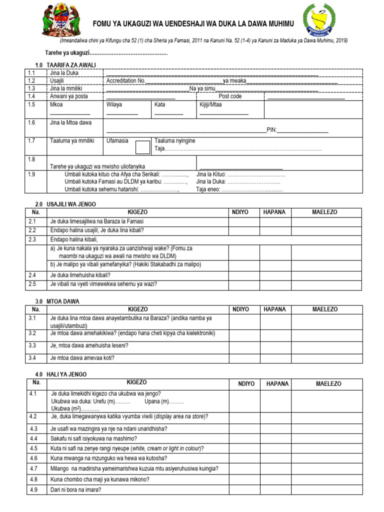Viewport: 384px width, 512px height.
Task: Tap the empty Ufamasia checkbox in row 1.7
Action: pyautogui.click(x=143, y=147)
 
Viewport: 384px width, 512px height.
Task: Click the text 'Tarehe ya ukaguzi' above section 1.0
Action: pyautogui.click(x=67, y=53)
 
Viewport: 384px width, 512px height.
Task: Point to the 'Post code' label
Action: pyautogui.click(x=230, y=96)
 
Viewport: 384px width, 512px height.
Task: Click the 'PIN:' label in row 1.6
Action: pyautogui.click(x=271, y=130)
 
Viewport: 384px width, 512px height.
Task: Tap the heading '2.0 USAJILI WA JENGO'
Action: pyautogui.click(x=65, y=204)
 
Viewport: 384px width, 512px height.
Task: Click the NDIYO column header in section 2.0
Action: pyautogui.click(x=243, y=212)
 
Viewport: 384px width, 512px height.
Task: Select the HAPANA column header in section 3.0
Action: pyautogui.click(x=274, y=309)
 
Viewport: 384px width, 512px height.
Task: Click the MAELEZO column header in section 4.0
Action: pyautogui.click(x=328, y=383)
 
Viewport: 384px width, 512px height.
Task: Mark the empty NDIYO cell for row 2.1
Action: pyautogui.click(x=243, y=221)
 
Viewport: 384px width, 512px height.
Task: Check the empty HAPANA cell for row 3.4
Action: pyautogui.click(x=274, y=357)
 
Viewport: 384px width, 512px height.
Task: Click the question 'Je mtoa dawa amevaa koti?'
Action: pyautogui.click(x=82, y=357)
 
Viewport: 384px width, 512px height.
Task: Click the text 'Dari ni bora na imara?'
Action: pyautogui.click(x=75, y=489)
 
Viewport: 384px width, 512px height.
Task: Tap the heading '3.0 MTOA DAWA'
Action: pyautogui.click(x=57, y=301)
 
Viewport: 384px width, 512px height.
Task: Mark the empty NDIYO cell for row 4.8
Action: pyautogui.click(x=246, y=479)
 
